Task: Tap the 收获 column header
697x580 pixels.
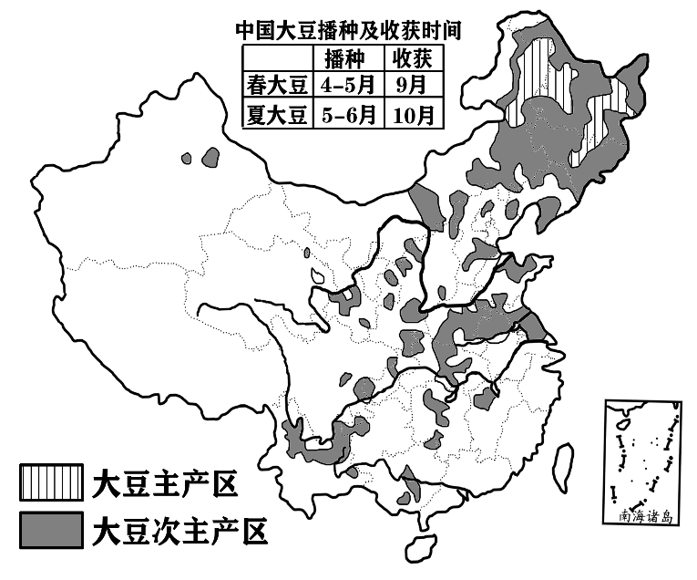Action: [411, 58]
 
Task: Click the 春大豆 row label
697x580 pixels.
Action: [276, 87]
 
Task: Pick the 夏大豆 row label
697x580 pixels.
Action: [276, 116]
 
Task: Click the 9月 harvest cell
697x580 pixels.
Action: [411, 87]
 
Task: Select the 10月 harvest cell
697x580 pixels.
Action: [411, 116]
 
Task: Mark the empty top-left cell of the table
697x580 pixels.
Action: [276, 58]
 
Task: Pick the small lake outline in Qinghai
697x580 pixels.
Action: [318, 274]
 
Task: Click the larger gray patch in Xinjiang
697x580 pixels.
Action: [211, 157]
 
